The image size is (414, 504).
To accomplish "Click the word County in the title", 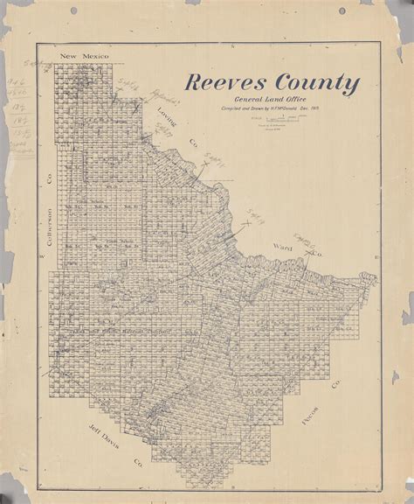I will click(x=307, y=85).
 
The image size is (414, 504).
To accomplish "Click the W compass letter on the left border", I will click(x=42, y=256).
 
